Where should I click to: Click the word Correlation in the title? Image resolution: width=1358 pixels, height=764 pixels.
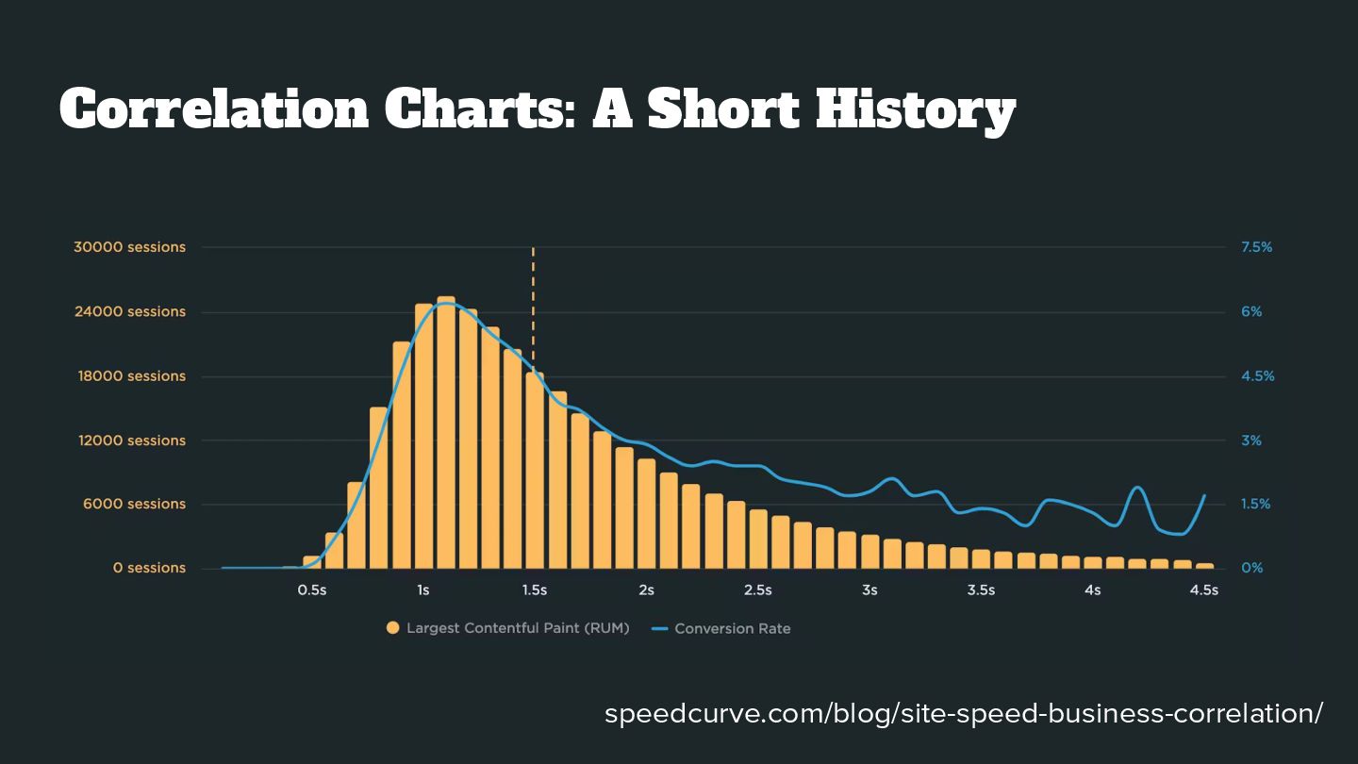click(x=215, y=109)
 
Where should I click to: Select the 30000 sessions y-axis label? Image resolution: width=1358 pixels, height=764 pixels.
click(x=129, y=247)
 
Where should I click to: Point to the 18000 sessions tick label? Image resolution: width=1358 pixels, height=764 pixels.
click(x=129, y=376)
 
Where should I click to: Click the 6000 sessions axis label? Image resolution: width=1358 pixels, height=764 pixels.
click(x=133, y=505)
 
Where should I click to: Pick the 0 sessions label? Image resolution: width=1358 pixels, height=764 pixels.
click(x=149, y=569)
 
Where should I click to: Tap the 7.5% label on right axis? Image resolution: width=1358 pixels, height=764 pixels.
click(x=1256, y=247)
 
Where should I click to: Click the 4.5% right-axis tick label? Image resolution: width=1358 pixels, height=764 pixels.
click(x=1256, y=376)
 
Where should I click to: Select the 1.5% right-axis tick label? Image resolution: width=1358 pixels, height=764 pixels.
click(x=1256, y=505)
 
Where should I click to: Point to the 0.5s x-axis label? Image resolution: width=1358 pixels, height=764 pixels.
click(x=312, y=591)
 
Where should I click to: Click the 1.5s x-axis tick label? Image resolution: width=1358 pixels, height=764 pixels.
click(x=535, y=591)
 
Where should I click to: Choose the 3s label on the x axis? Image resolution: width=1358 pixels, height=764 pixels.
click(x=869, y=591)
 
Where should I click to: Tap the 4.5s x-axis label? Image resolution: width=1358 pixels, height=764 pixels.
click(x=1203, y=591)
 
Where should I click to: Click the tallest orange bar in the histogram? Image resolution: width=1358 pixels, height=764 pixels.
click(x=446, y=434)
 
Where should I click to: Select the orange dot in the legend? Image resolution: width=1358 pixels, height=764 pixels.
click(x=393, y=628)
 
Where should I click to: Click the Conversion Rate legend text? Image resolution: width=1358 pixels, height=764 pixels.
click(x=732, y=628)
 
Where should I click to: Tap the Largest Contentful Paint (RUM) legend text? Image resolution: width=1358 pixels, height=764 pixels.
click(x=518, y=628)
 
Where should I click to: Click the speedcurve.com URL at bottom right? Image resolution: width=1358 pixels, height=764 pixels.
click(x=964, y=713)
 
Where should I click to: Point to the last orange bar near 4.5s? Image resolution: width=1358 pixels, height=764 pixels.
click(x=1204, y=566)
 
